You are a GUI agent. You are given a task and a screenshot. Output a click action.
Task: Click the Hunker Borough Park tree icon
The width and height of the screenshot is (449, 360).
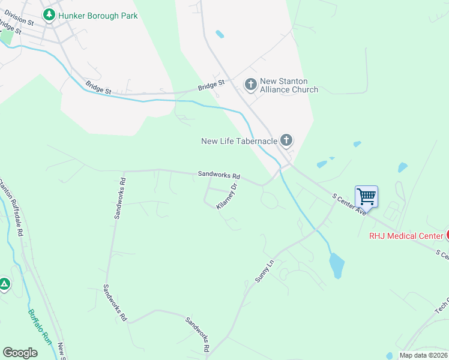coord(48,15)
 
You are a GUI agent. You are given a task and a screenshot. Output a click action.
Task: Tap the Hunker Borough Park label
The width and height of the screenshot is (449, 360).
coord(97,16)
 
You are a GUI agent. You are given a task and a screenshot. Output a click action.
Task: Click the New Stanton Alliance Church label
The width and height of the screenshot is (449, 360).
coord(289,85)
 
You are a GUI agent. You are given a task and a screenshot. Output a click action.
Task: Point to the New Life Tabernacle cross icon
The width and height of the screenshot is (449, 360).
coord(286,141)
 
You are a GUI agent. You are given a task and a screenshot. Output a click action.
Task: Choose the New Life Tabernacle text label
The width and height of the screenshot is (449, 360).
coord(239,141)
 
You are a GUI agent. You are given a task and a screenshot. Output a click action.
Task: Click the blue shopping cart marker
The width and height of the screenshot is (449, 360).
coord(366,196)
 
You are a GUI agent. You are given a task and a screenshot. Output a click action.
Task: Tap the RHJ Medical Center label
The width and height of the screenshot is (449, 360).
coord(406,236)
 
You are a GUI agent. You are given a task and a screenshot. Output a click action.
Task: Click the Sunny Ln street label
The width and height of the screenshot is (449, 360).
coord(264,272)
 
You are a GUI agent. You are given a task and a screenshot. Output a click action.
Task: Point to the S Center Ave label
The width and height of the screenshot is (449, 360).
coord(348,204)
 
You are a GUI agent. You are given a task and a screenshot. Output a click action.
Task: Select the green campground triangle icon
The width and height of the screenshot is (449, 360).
coord(4,284)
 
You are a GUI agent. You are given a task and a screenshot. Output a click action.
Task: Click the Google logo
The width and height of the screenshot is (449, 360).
coord(20,353)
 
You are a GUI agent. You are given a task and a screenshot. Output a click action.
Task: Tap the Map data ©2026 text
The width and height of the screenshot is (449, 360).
coord(423,355)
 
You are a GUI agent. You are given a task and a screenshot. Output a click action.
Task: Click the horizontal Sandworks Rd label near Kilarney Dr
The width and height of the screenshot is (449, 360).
coord(219,176)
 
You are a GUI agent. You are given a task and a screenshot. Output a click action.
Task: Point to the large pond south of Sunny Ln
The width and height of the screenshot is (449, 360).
coord(336,265)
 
